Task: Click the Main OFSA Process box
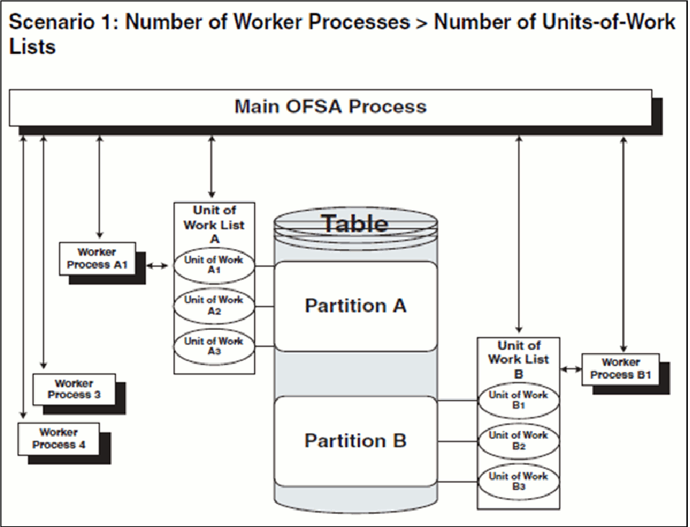click(330, 107)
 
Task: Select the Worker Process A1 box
click(97, 259)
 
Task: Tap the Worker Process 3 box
click(74, 388)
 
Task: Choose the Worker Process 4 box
click(58, 438)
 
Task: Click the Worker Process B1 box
click(620, 368)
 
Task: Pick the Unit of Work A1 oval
click(214, 264)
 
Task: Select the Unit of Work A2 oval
click(214, 305)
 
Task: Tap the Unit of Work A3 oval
click(214, 346)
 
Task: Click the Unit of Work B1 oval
click(517, 400)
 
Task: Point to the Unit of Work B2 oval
click(517, 440)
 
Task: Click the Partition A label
click(355, 306)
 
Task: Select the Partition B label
click(355, 440)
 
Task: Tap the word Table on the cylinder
click(354, 223)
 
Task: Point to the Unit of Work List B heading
click(517, 359)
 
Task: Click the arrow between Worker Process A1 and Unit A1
click(159, 266)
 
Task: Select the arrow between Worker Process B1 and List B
click(571, 370)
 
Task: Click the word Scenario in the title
click(54, 22)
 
